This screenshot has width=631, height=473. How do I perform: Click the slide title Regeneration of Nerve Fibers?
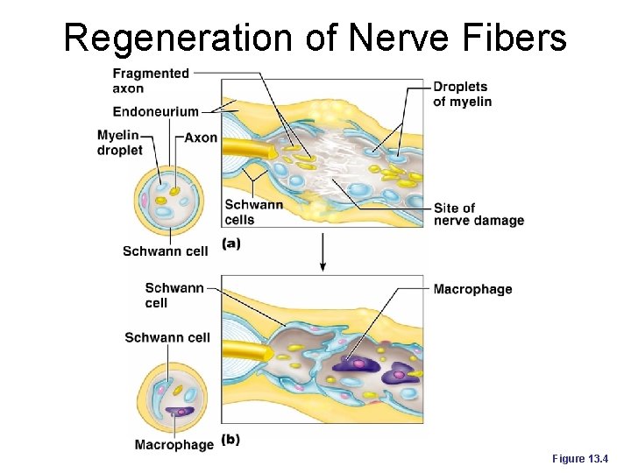pos(315,37)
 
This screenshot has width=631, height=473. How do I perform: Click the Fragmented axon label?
pos(151,81)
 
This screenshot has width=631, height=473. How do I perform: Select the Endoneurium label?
pos(155,111)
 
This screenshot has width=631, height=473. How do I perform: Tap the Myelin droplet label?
pos(119,143)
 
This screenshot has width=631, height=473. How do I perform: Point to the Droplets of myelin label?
pos(462,94)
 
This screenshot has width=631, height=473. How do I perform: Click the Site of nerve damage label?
pos(478,214)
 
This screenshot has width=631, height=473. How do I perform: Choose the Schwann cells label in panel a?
pos(254,211)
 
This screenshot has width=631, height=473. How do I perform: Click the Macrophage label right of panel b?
pos(472,289)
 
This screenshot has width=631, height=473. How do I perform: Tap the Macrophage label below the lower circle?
pos(174,445)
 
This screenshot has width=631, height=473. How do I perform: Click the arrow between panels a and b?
pos(323,253)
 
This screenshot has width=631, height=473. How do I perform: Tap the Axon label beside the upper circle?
pos(201,138)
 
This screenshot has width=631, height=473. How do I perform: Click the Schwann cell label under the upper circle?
pos(166,251)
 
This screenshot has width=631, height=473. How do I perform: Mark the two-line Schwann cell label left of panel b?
pos(174,295)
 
